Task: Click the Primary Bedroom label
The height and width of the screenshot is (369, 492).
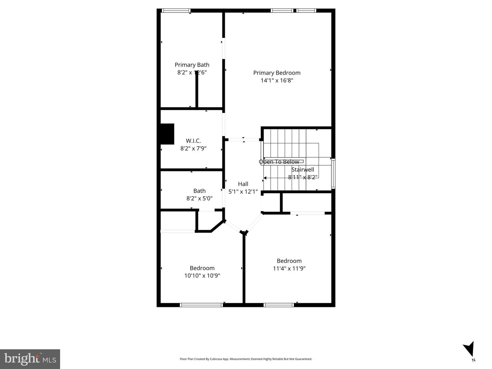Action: click(277, 73)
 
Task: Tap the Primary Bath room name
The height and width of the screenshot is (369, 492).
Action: click(192, 65)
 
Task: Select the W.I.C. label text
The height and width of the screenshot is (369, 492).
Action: click(193, 141)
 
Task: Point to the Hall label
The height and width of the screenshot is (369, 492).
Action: click(243, 184)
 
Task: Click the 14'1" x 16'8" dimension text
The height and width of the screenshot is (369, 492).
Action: click(277, 81)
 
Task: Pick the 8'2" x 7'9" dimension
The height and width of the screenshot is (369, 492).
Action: click(193, 148)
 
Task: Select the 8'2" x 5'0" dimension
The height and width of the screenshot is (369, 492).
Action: click(200, 198)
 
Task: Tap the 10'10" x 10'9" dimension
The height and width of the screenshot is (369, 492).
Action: click(202, 276)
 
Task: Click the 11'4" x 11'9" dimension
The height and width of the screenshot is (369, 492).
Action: click(289, 268)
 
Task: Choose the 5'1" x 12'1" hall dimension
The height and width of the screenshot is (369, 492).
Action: click(243, 192)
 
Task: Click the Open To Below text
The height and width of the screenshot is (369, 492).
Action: click(279, 162)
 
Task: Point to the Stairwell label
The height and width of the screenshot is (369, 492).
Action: click(302, 170)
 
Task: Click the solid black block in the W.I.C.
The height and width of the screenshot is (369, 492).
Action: click(167, 134)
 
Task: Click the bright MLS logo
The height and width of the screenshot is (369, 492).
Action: click(30, 359)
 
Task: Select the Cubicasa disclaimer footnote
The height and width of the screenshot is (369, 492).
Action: click(246, 359)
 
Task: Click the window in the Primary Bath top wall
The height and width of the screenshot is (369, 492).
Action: click(176, 11)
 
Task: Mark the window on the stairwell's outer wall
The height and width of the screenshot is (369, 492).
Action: click(333, 174)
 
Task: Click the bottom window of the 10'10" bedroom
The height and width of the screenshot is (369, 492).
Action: click(201, 305)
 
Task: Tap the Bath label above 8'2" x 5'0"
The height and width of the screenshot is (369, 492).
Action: click(200, 191)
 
